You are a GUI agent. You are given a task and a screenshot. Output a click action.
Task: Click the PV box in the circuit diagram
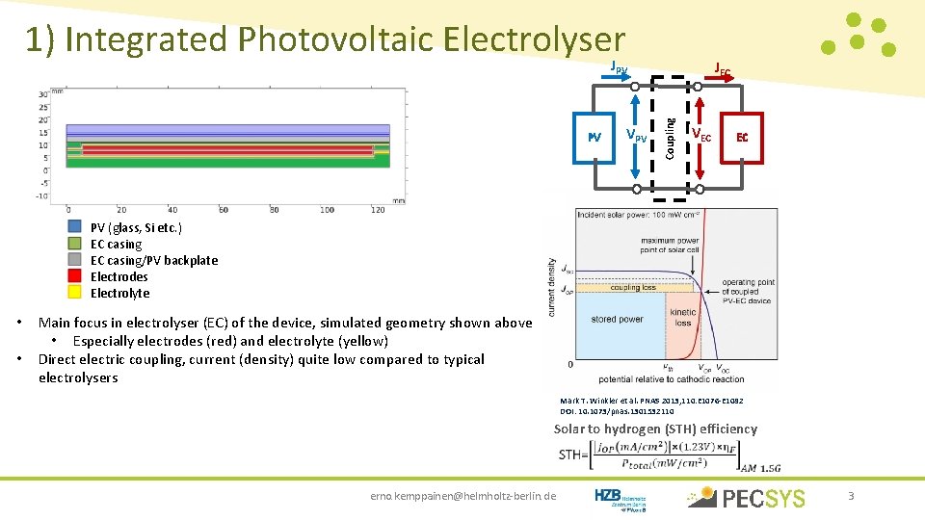point(594,137)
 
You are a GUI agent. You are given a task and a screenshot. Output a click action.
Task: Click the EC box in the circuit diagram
point(742,137)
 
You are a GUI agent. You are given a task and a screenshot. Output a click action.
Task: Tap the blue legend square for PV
point(74,227)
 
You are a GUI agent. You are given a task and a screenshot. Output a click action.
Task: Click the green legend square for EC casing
point(74,244)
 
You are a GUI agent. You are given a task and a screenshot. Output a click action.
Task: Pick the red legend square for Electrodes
point(74,276)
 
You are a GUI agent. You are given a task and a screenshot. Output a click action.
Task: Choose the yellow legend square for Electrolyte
point(74,293)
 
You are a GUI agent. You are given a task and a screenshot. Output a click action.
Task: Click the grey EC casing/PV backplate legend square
point(74,260)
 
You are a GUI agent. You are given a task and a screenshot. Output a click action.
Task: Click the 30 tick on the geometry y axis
point(43,94)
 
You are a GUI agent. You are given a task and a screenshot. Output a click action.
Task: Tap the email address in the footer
point(462,496)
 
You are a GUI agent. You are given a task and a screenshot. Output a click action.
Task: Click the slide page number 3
point(851,496)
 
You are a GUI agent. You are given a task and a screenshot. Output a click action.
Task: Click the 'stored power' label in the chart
point(618,319)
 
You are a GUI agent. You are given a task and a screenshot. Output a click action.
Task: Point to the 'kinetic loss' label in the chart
point(682,318)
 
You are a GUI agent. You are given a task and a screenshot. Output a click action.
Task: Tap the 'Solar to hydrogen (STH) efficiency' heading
point(655,429)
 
